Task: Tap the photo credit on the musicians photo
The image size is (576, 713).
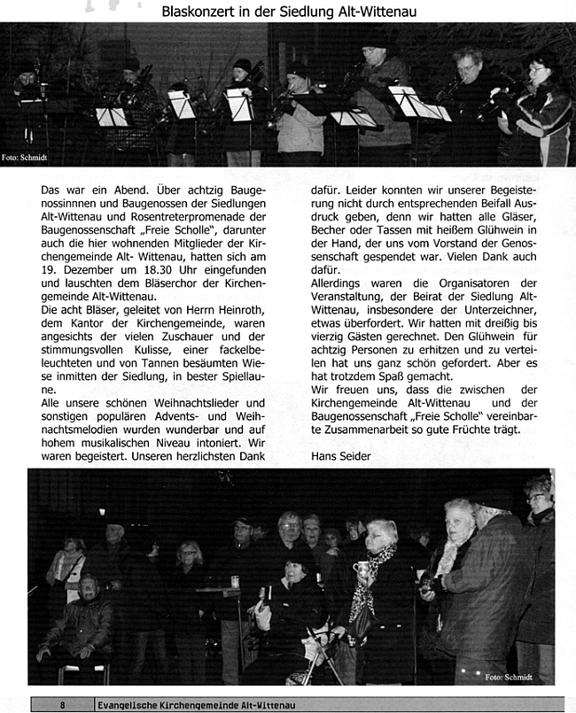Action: point(24,158)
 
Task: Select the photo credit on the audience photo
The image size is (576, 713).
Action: point(509,677)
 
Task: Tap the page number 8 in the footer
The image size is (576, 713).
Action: point(62,705)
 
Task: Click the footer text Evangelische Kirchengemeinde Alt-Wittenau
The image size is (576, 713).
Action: point(196,705)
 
